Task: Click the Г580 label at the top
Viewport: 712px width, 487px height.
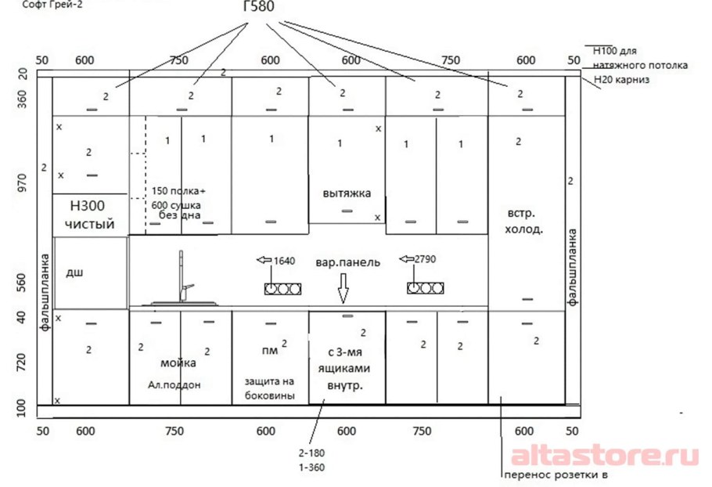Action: pos(259,6)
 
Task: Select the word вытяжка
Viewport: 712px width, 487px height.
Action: pos(347,193)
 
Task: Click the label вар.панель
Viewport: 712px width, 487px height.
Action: pos(348,262)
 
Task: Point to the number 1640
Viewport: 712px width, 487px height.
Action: pos(284,261)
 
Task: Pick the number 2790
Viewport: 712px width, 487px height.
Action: pos(425,259)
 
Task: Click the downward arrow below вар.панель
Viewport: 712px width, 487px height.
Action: pos(343,288)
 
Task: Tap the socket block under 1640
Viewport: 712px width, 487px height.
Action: pos(283,288)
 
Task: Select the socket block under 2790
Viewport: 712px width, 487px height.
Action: pos(426,287)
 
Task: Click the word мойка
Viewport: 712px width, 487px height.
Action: pos(178,363)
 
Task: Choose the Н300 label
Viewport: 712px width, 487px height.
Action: pos(87,206)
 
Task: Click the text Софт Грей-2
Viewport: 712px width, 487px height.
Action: pos(52,5)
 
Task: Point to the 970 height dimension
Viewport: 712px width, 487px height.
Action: pos(22,182)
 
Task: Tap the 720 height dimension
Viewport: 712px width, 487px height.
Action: pos(21,363)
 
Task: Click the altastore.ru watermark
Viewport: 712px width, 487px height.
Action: pos(605,456)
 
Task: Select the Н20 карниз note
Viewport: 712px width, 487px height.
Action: pos(622,80)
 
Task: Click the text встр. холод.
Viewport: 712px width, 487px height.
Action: pos(523,222)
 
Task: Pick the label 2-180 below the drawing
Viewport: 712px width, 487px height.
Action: pos(311,453)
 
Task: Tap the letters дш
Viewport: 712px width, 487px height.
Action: pos(74,272)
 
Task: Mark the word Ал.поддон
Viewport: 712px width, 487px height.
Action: pos(174,384)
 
